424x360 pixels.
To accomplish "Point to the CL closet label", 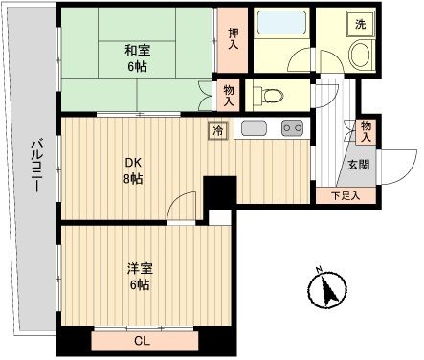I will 141,339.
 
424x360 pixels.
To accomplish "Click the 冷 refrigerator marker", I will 217,129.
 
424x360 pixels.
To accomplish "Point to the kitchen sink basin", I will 253,129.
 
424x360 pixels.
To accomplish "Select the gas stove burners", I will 291,129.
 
